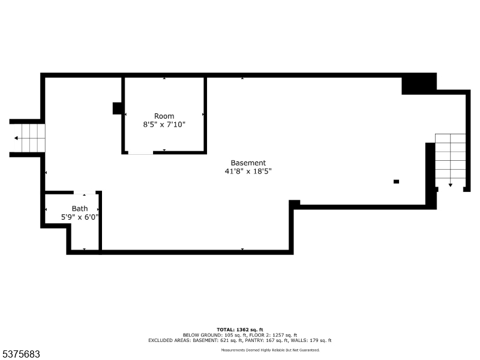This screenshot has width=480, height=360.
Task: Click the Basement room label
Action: (248, 163)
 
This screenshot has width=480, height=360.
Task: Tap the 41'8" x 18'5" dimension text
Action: (248, 172)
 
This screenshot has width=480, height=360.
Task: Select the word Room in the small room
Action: (164, 116)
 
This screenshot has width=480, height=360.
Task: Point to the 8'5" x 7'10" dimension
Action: (164, 125)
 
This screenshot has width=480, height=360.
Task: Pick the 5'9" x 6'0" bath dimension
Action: (80, 217)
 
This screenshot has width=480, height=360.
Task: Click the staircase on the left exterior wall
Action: (31, 138)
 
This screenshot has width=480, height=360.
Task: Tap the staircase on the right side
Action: (450, 159)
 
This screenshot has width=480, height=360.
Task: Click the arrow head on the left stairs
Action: (17, 138)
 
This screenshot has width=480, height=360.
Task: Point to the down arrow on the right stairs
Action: (450, 184)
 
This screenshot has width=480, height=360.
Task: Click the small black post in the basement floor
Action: (396, 181)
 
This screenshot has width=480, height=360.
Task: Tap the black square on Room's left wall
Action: (118, 108)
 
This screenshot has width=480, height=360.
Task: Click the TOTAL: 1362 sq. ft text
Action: (240, 329)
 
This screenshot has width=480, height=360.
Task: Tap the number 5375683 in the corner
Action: (21, 354)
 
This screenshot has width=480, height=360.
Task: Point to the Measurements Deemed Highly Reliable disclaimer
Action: (270, 350)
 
